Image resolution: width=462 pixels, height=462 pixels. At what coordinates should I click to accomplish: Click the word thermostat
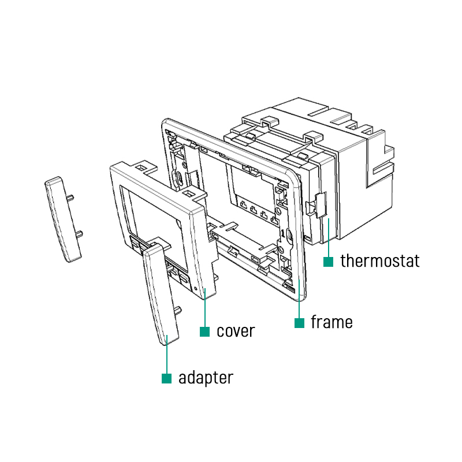tap(379, 260)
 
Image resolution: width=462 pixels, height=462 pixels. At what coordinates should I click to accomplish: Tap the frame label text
tap(331, 322)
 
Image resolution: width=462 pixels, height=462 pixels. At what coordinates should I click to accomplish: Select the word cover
tap(236, 331)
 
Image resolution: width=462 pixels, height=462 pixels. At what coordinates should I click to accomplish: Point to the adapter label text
tap(206, 378)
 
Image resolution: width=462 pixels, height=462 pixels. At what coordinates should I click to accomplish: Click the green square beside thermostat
tap(328, 262)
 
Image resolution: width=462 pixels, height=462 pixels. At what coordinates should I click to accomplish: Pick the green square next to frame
tap(299, 323)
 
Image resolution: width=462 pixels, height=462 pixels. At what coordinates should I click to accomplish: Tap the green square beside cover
tap(204, 331)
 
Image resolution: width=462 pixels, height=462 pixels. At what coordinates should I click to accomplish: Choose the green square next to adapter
tap(167, 379)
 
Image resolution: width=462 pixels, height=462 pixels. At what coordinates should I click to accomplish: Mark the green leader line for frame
tap(299, 300)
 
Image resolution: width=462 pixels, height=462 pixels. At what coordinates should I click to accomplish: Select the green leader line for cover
tap(204, 312)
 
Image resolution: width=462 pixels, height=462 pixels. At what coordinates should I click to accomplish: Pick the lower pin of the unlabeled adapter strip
tap(80, 233)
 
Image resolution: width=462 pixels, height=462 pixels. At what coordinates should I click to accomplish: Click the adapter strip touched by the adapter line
tap(162, 295)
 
